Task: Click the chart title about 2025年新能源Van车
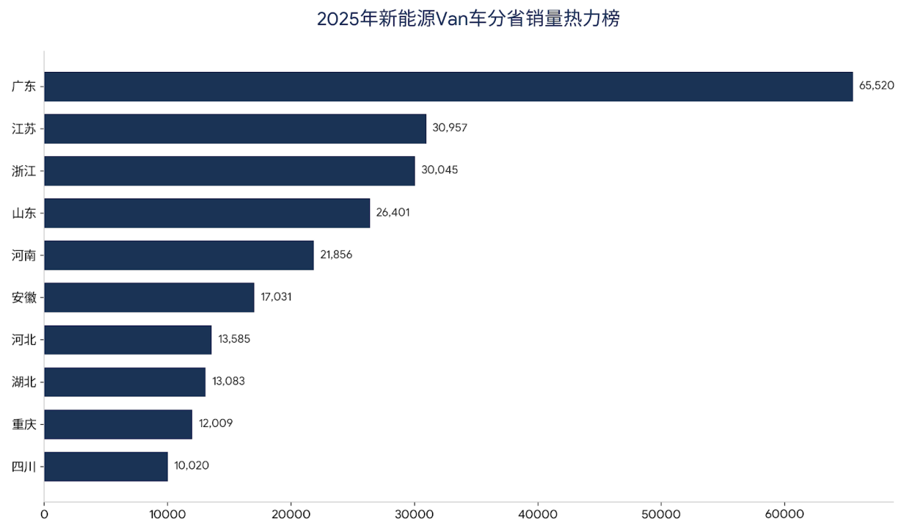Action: coord(468,19)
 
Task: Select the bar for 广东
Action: coord(448,86)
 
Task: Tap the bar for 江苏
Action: coord(235,129)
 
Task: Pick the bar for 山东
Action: coord(207,213)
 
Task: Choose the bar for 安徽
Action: coord(149,298)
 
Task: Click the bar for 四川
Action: coord(106,467)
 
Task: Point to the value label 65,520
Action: coord(877,86)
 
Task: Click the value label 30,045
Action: coord(439,170)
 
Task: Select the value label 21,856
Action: coord(336,254)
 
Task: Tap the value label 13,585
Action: coord(234,339)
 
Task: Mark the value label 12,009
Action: coord(216,423)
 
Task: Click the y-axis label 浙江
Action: coord(24,171)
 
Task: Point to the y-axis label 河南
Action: coord(24,255)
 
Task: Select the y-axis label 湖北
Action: coord(24,382)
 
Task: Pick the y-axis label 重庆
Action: coord(24,424)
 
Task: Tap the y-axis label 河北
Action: coord(24,340)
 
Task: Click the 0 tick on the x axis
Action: coord(45,515)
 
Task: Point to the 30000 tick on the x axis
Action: coord(415,515)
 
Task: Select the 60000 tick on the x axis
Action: coord(785,515)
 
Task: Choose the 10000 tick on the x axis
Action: coord(167,515)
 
